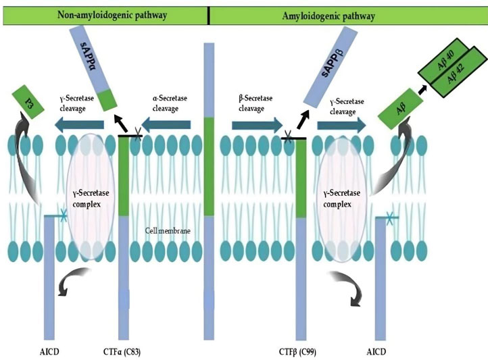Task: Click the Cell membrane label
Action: [166, 231]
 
